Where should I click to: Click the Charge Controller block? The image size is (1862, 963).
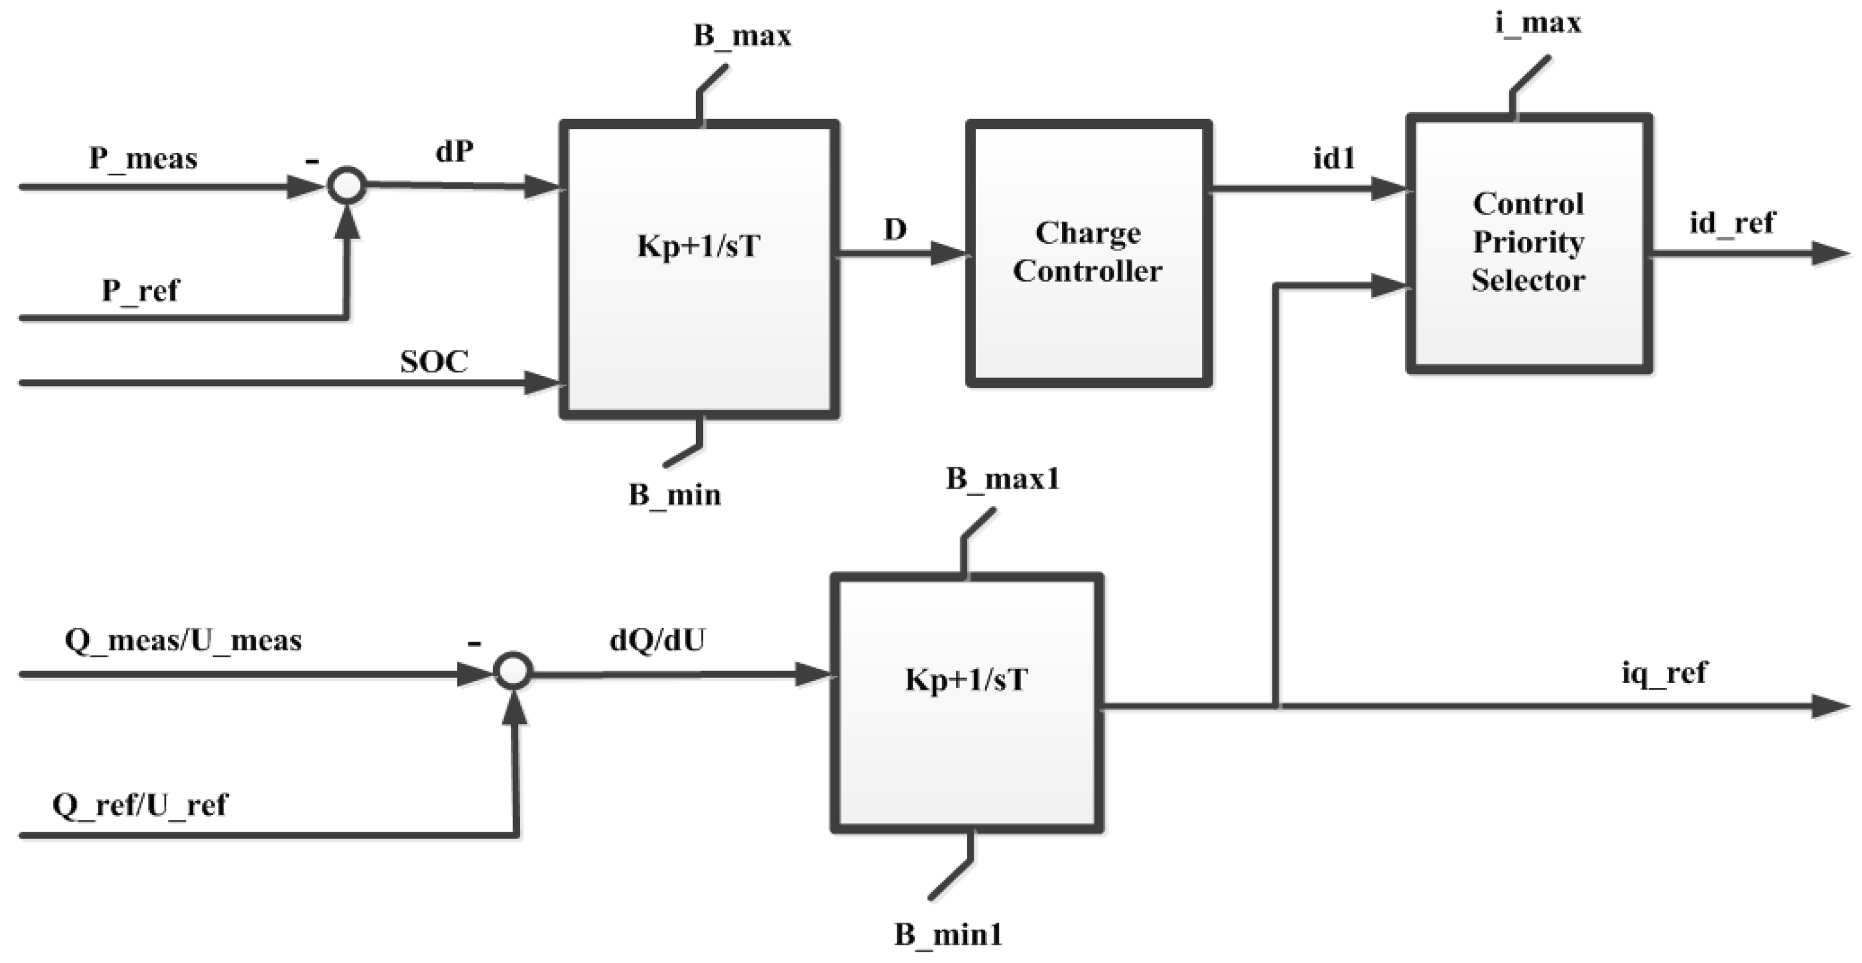pos(1089,253)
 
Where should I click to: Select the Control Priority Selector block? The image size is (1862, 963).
pos(1528,243)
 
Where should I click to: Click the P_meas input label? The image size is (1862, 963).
pos(143,158)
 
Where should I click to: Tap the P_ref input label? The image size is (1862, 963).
pos(139,291)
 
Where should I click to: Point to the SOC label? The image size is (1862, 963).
pos(434,362)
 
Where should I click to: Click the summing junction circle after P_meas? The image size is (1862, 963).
pos(346,185)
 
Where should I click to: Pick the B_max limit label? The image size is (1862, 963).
pos(741,35)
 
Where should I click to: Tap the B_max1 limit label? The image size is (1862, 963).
pos(1002,479)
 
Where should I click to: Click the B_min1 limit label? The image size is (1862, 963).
pos(947,935)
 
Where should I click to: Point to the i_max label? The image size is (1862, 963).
pos(1538,23)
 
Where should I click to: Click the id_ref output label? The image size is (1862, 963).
pos(1731,223)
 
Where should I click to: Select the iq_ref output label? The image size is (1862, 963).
pos(1664,673)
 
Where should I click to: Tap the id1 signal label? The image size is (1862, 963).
pos(1333,158)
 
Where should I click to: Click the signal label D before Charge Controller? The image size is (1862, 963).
pos(895,230)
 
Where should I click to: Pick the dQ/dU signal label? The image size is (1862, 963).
pos(656,640)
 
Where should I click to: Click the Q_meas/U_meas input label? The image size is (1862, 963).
pos(183,641)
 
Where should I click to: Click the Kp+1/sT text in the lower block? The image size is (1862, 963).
pos(966,680)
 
